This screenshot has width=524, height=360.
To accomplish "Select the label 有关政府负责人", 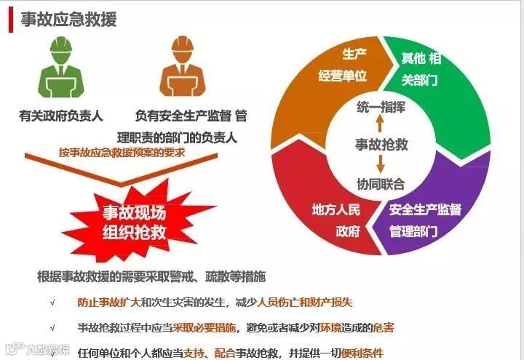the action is (61, 115).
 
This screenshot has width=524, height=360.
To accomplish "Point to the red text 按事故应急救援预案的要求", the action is (122, 153).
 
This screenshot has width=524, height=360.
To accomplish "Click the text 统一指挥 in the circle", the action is (381, 107).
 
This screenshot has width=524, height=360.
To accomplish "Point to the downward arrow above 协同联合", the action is (381, 163).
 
